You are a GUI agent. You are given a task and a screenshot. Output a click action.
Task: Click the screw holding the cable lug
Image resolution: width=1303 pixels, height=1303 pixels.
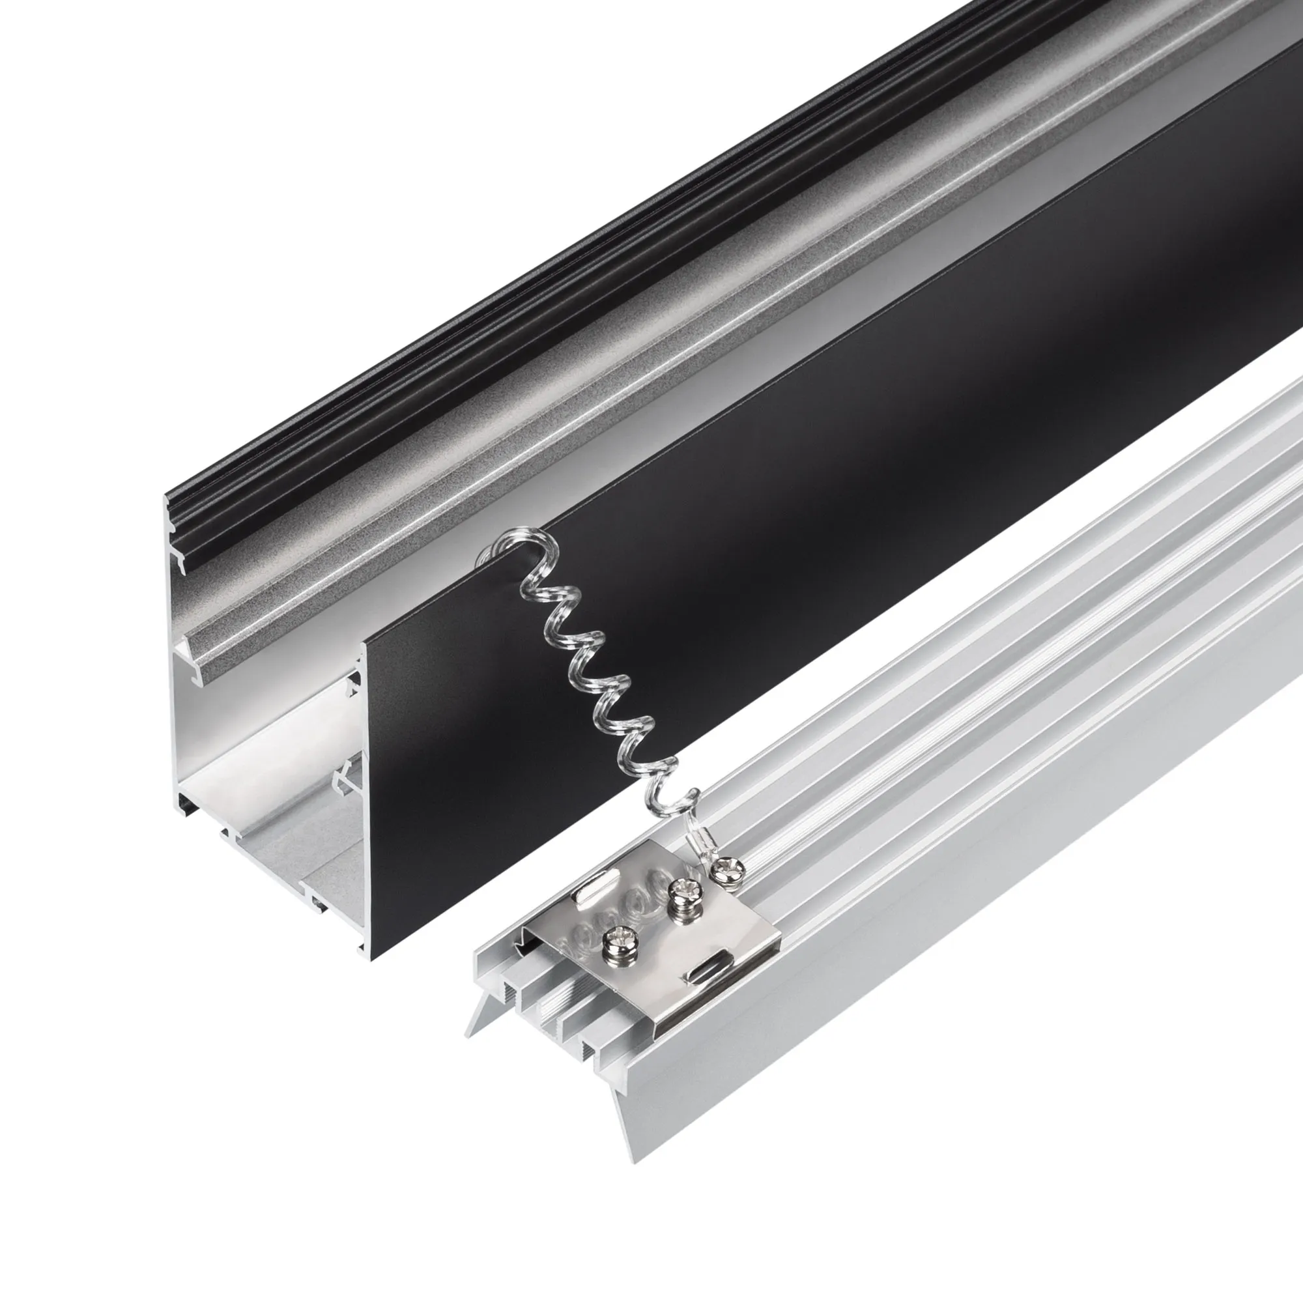point(730,871)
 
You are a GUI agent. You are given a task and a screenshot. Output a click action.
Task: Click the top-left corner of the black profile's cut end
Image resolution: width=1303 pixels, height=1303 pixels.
point(168,500)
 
